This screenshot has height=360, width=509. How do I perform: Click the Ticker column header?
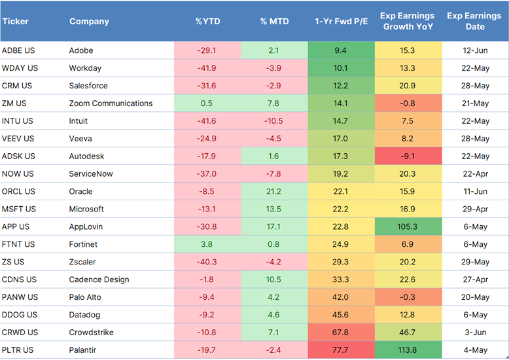[15, 22]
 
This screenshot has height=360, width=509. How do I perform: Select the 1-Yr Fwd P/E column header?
[340, 22]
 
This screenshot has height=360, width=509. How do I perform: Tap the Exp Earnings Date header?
[475, 21]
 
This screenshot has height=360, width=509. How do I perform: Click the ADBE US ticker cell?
[20, 50]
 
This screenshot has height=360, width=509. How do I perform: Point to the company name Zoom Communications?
[111, 103]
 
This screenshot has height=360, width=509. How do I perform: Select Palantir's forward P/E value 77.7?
[340, 350]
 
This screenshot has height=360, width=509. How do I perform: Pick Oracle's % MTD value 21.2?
[273, 192]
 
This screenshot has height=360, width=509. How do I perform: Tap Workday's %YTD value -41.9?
[207, 68]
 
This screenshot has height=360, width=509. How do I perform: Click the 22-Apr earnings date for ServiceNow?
[475, 174]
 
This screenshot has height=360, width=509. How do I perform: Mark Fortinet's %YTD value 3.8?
[207, 244]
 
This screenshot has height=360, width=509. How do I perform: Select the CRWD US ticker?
[20, 333]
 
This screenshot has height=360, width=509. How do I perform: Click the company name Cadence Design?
[99, 279]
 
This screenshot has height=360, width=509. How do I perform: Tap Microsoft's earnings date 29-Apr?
[475, 209]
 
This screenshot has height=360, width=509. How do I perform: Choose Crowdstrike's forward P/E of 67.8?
[340, 333]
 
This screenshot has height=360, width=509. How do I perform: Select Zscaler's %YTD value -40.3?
[207, 262]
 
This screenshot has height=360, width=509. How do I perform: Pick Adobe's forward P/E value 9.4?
[340, 50]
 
